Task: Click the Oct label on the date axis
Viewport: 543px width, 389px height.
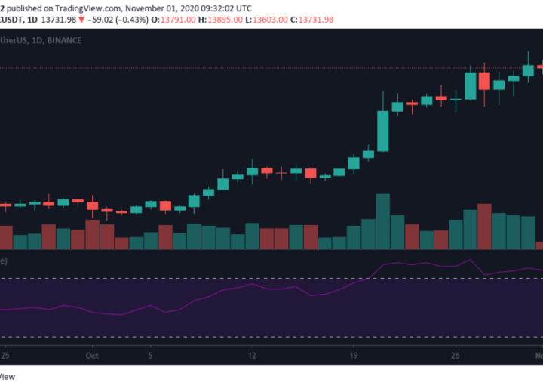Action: click(x=93, y=354)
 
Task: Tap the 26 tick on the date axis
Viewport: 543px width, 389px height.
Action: click(x=456, y=354)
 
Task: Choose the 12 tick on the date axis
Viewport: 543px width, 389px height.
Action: click(x=253, y=354)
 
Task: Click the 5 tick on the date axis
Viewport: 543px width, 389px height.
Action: click(x=151, y=354)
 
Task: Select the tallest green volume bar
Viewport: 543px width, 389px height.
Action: click(x=383, y=221)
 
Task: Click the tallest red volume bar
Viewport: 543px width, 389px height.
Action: click(x=484, y=227)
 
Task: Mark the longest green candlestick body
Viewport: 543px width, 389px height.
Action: click(x=383, y=131)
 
